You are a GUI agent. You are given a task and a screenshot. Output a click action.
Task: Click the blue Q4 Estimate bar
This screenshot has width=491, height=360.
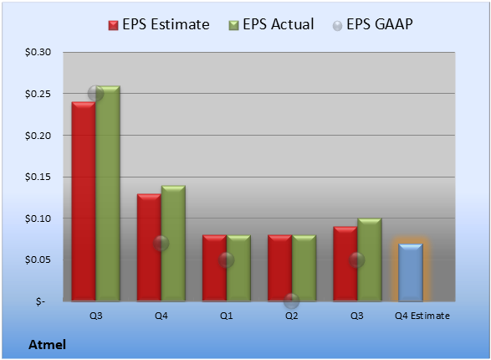(x=411, y=272)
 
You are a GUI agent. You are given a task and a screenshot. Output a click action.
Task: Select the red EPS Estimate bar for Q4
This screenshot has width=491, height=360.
(x=149, y=248)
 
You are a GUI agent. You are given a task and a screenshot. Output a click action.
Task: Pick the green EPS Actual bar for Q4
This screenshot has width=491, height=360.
(x=173, y=243)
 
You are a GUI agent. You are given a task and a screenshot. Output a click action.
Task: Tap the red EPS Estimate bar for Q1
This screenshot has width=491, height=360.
(x=214, y=268)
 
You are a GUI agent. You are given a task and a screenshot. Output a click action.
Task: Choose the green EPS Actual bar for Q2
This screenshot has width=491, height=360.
(x=304, y=268)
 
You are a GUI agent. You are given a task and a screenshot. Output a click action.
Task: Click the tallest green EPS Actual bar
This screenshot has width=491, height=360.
(x=108, y=193)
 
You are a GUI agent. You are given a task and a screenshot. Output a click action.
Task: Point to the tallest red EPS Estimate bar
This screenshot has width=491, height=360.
(x=84, y=202)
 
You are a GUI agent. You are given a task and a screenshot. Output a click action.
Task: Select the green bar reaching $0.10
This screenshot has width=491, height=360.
(x=370, y=260)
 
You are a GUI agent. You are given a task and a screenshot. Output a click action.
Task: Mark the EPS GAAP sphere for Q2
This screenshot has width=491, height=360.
(x=292, y=301)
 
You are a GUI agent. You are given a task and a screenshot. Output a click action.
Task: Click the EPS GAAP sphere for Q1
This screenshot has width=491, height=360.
(x=226, y=260)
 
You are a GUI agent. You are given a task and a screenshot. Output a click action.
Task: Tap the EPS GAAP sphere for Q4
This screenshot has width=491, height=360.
(x=161, y=243)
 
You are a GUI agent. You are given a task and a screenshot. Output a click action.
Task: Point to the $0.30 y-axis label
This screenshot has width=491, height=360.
(x=38, y=52)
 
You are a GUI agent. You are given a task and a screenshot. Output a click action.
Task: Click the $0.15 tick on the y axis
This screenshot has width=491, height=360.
(x=38, y=177)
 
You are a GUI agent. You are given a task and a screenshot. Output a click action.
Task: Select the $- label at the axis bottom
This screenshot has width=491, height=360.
(x=40, y=301)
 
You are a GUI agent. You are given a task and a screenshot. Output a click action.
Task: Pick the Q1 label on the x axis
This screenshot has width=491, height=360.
(x=226, y=316)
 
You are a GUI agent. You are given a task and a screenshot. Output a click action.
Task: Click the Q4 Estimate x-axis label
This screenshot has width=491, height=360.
(x=422, y=316)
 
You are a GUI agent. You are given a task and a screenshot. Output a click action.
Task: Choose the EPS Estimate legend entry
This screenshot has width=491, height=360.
(x=159, y=24)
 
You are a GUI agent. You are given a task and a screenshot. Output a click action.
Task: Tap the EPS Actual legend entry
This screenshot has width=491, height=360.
(x=271, y=24)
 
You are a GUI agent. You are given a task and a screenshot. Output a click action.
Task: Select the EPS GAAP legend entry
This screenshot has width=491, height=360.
(x=372, y=24)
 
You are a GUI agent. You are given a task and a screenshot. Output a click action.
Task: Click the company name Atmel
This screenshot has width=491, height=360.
(x=48, y=345)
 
